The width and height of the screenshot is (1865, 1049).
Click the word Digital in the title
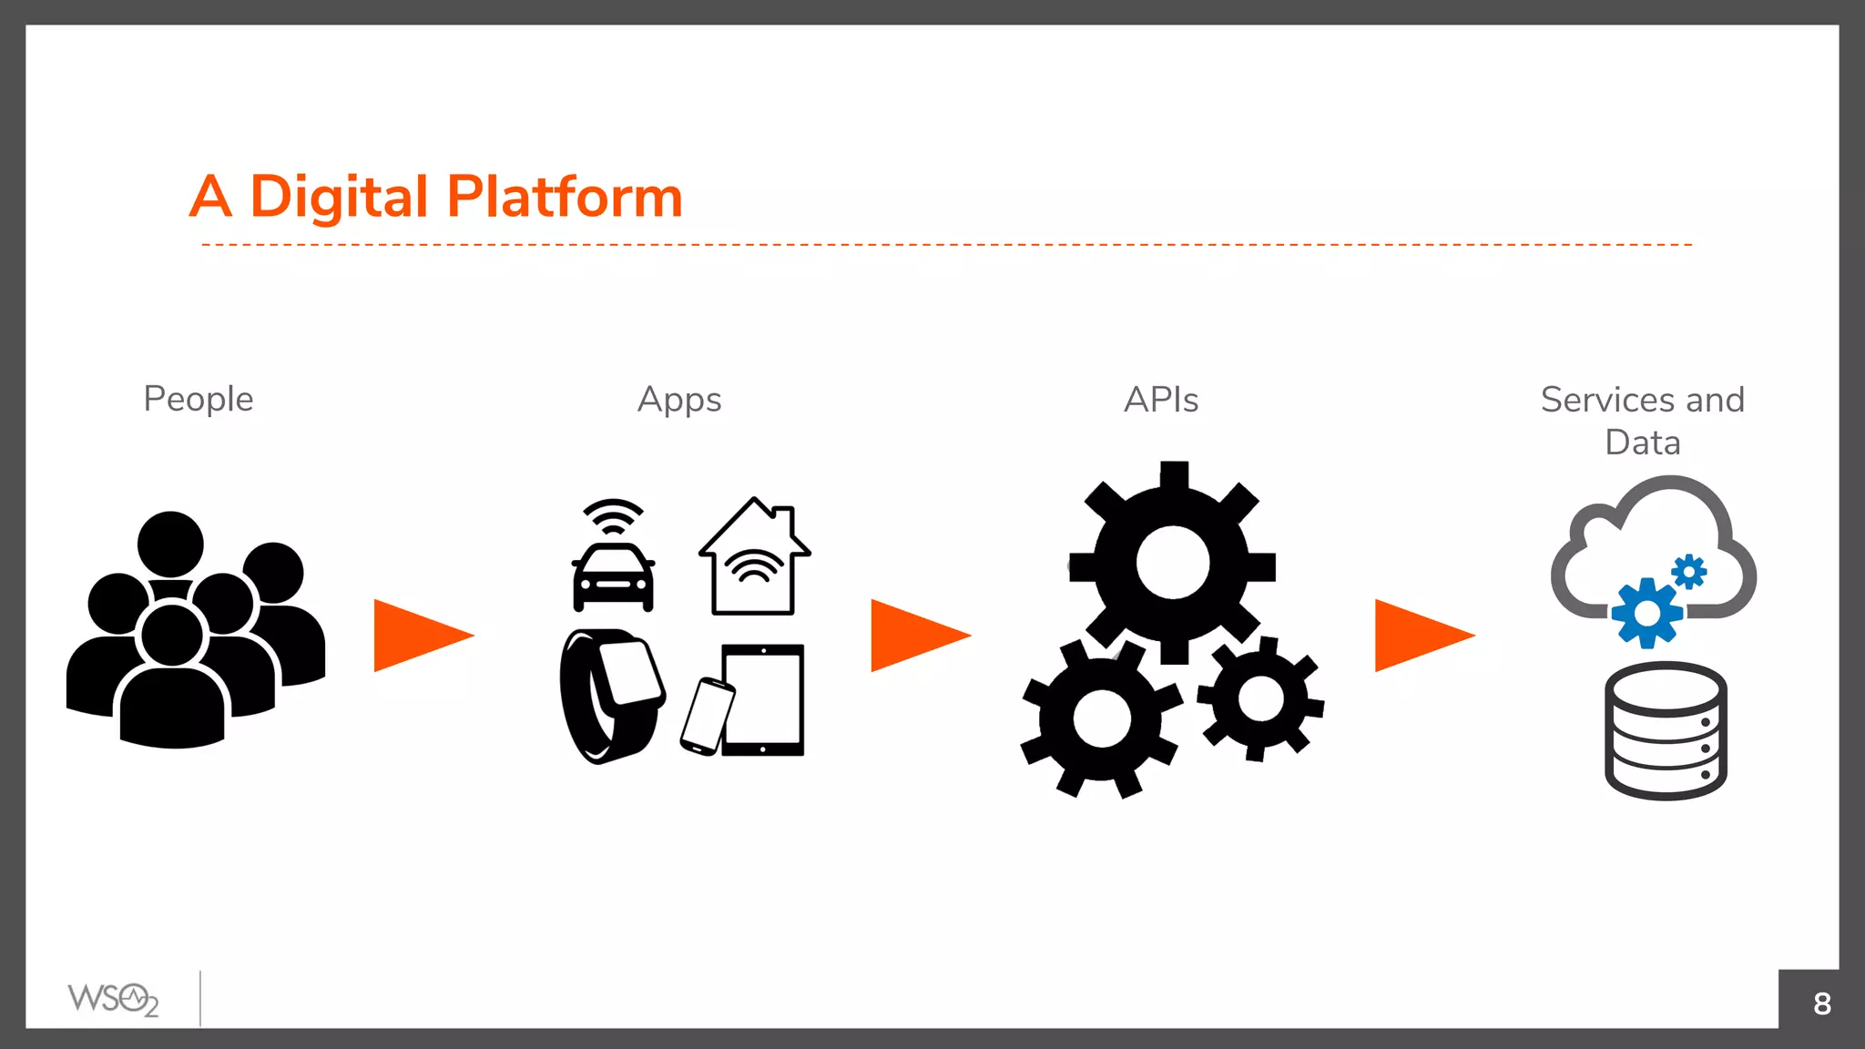339,197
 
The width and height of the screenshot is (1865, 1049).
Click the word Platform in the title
565,197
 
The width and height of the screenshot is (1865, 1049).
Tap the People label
199,399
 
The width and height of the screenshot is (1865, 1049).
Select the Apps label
679,400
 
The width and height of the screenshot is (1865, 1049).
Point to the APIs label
1161,400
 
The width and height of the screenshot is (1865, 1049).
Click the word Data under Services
1643,443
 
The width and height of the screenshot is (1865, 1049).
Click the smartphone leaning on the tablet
707,717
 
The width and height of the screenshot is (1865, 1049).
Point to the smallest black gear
1261,699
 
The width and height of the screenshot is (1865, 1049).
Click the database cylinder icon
1666,731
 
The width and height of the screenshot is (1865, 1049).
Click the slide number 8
1821,1003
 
